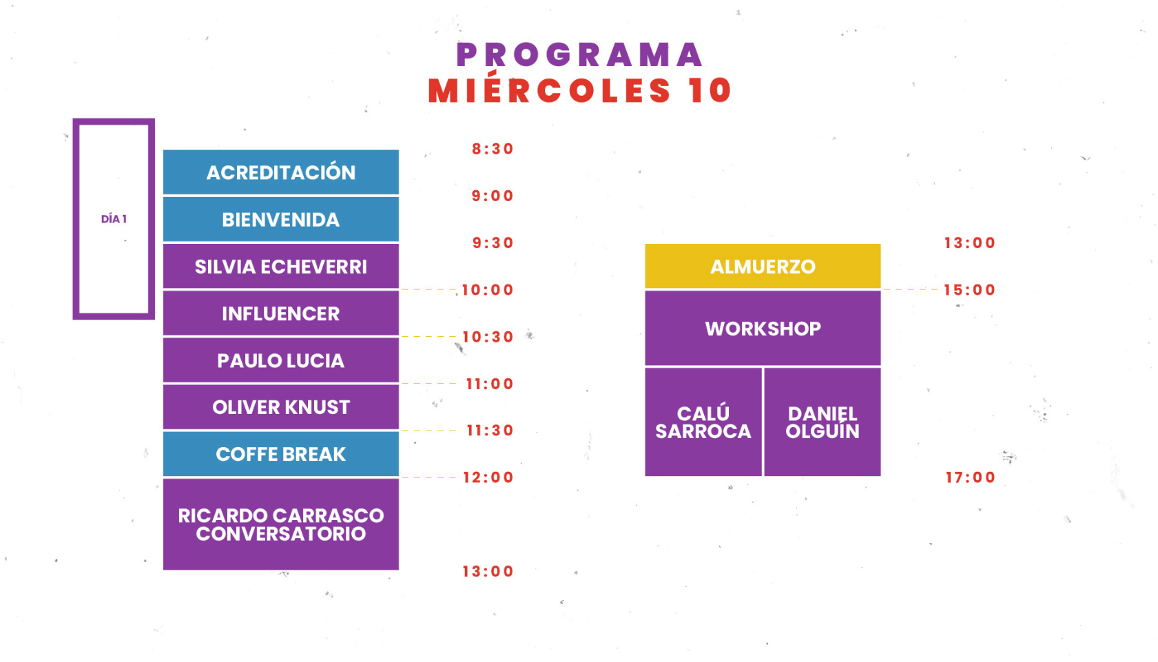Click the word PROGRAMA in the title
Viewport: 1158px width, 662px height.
tap(579, 55)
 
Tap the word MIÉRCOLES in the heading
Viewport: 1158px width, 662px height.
tap(549, 90)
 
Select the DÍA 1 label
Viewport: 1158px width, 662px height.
tap(114, 219)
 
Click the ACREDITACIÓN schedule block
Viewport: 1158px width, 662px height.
tap(280, 172)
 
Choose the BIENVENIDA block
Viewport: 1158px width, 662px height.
tap(280, 220)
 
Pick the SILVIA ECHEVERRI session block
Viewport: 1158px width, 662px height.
tap(280, 267)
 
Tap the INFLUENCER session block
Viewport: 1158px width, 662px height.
tap(280, 314)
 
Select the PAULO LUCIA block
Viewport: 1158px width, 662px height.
tap(280, 361)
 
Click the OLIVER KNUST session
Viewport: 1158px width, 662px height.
tap(280, 407)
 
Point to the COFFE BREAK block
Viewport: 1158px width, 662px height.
tap(280, 454)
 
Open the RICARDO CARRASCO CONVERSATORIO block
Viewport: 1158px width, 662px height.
tap(280, 524)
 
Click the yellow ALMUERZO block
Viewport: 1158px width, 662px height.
tap(763, 267)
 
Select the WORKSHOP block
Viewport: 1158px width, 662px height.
tap(763, 329)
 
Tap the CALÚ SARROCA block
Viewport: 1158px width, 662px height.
tap(703, 422)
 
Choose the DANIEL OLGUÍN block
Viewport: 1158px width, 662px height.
tap(823, 422)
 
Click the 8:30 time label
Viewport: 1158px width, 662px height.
tap(493, 149)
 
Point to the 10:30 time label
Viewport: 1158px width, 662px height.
tap(488, 337)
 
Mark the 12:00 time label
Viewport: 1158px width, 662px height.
tap(488, 477)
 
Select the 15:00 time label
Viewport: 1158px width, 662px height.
tap(969, 290)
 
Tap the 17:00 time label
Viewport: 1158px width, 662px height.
tap(970, 477)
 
